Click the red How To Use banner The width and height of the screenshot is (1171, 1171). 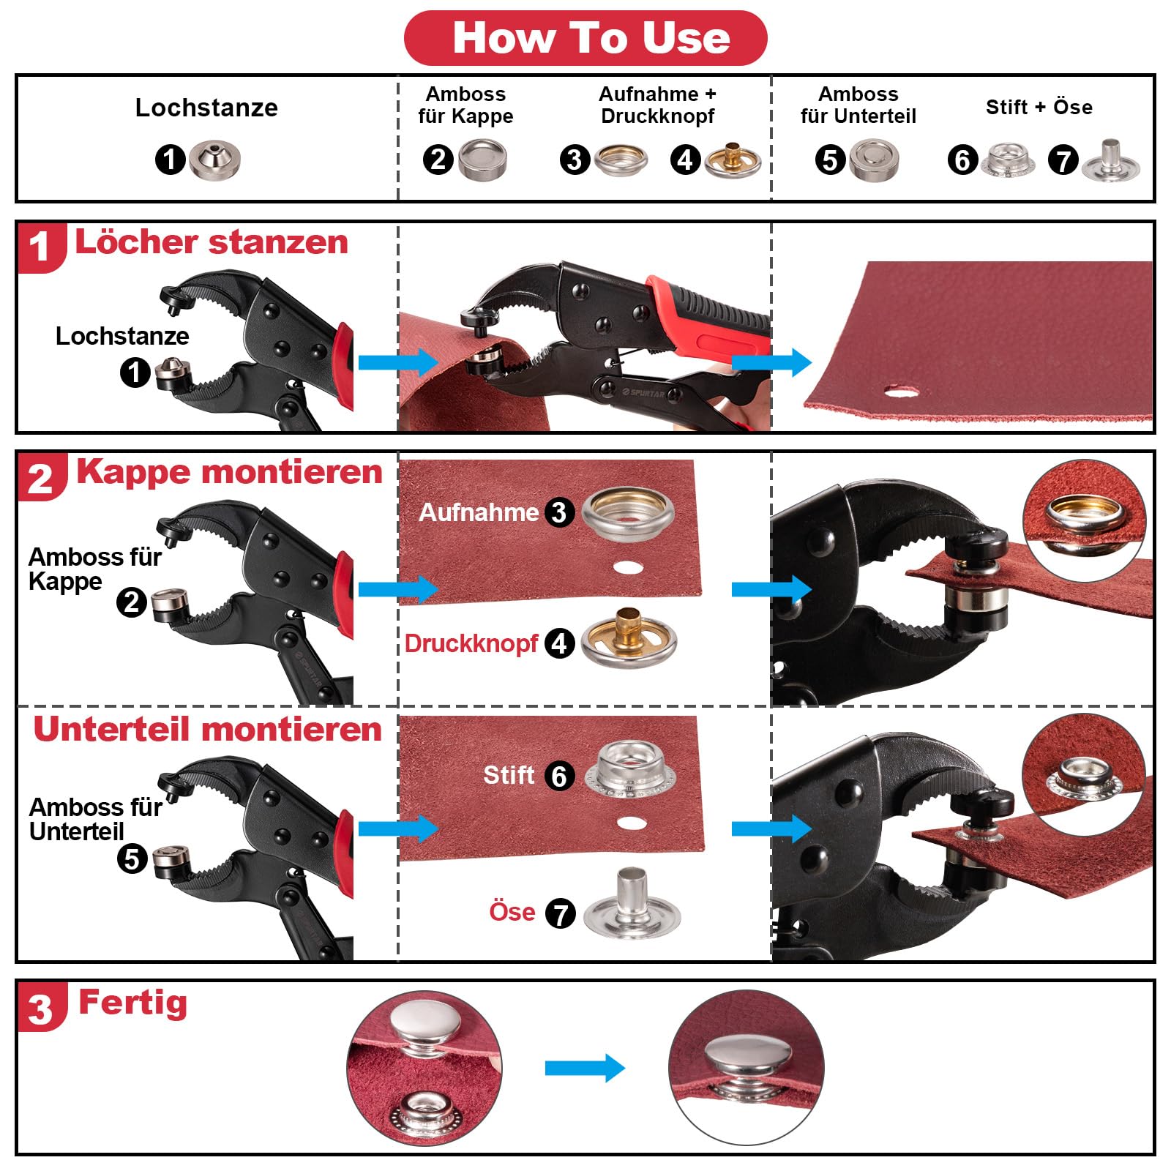click(x=585, y=38)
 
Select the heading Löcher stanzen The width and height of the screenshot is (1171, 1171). click(x=212, y=242)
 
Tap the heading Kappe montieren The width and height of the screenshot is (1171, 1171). click(x=229, y=472)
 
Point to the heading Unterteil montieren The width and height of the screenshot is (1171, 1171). click(x=208, y=729)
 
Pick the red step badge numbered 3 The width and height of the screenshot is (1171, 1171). click(x=42, y=1008)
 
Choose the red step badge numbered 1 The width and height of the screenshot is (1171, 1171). click(x=42, y=247)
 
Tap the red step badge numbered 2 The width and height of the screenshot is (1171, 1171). click(x=42, y=478)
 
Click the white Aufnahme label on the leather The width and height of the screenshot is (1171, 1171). click(x=479, y=512)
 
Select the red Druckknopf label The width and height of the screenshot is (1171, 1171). click(x=471, y=643)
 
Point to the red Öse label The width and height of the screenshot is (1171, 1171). click(x=512, y=912)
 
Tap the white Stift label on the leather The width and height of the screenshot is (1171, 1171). click(x=509, y=775)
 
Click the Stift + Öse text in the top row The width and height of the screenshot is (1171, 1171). click(x=1039, y=108)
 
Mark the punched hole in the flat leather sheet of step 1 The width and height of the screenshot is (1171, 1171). click(x=901, y=392)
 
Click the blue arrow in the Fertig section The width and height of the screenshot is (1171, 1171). click(x=585, y=1069)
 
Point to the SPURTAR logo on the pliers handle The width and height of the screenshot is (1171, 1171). click(x=643, y=393)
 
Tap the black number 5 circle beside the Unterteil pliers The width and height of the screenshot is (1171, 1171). click(x=132, y=858)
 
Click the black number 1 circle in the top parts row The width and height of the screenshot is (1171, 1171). click(x=171, y=159)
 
